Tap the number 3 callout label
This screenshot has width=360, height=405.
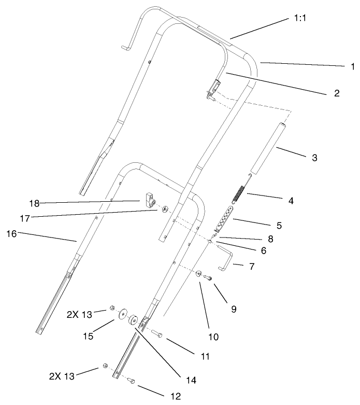[314, 157]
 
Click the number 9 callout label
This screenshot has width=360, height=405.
[234, 309]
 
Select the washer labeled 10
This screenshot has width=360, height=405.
[199, 273]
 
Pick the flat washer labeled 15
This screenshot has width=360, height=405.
[122, 315]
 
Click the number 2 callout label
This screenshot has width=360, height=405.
[336, 93]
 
